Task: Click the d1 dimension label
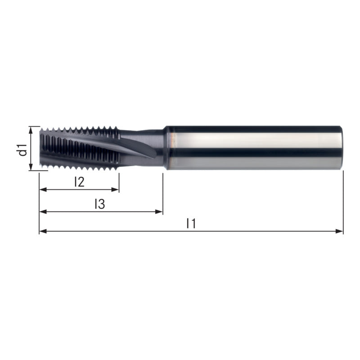tap(23, 150)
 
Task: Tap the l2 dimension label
tap(80, 182)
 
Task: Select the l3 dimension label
tap(100, 204)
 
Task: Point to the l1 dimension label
tap(191, 223)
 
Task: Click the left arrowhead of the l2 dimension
tap(43, 189)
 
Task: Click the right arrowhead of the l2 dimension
tap(115, 189)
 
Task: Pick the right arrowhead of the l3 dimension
tap(159, 211)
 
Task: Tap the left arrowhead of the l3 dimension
tap(43, 211)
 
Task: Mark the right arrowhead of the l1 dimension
tap(339, 231)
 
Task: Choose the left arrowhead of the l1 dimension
tap(43, 231)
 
